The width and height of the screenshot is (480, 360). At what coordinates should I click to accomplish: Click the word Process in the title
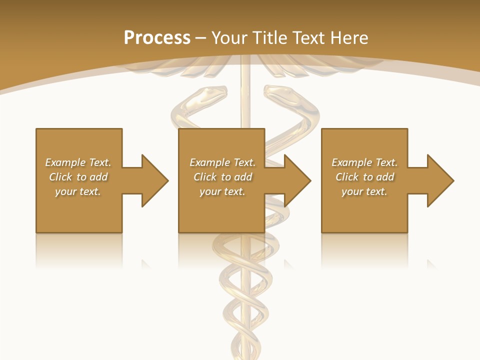pyautogui.click(x=157, y=37)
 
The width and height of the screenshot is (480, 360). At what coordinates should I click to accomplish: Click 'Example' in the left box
pyautogui.click(x=65, y=162)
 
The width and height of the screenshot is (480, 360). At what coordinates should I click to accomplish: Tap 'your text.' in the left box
pyautogui.click(x=78, y=191)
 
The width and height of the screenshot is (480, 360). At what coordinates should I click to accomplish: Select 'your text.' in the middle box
pyautogui.click(x=222, y=191)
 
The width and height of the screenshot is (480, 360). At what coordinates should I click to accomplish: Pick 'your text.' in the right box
pyautogui.click(x=364, y=191)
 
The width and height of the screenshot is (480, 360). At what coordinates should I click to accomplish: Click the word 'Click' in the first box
pyautogui.click(x=60, y=177)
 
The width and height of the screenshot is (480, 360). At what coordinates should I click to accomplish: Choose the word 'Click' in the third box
pyautogui.click(x=347, y=177)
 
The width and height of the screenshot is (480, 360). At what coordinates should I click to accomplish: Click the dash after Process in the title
pyautogui.click(x=201, y=38)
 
